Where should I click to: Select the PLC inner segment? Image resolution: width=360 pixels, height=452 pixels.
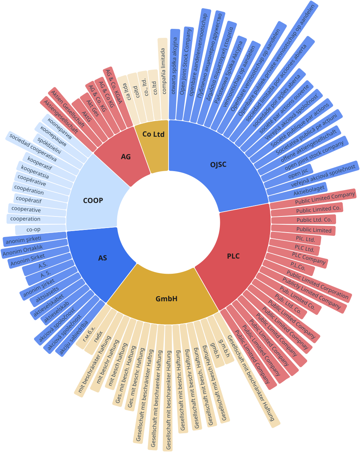tap(233, 256)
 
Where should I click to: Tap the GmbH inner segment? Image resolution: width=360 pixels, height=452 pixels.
tap(166, 298)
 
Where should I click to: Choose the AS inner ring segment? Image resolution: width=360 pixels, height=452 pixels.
tap(102, 258)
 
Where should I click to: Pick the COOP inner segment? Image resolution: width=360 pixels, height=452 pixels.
tap(93, 200)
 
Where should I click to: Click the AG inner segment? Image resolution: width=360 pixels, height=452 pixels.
tap(125, 157)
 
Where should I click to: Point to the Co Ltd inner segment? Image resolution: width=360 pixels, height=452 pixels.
tap(153, 134)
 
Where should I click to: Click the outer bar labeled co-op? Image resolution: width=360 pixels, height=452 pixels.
tap(33, 229)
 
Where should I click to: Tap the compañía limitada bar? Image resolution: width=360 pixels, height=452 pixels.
tap(163, 79)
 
